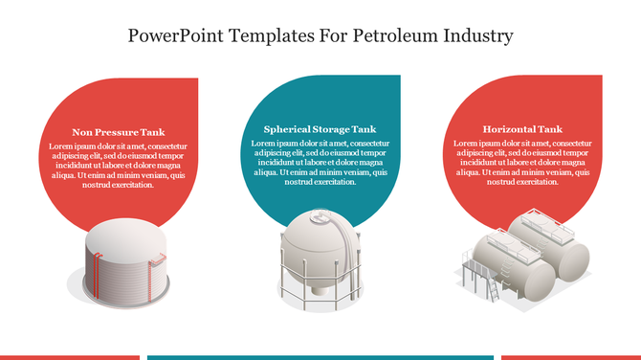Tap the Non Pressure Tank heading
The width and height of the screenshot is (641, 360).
point(119,132)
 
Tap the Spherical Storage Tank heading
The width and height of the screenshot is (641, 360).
point(320,128)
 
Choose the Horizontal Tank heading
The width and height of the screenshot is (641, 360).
point(522,128)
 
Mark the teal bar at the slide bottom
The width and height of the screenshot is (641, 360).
point(320,357)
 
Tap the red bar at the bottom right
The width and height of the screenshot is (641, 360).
point(597,357)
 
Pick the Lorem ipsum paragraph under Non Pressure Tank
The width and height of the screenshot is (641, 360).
point(119,165)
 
